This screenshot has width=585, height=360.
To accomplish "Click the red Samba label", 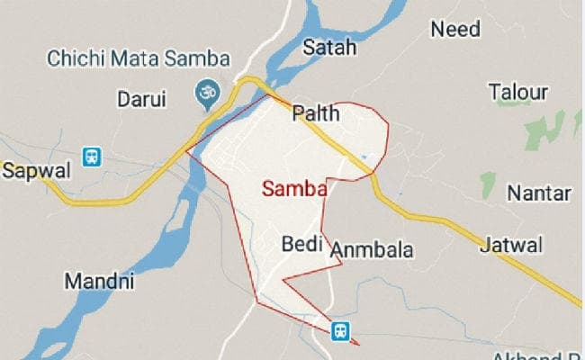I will click(293, 189).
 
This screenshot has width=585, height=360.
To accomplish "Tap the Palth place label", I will click(316, 114).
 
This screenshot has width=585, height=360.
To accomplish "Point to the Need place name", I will click(455, 29).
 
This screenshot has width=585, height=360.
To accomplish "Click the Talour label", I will click(518, 92).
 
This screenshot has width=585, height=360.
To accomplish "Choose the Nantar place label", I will click(538, 193).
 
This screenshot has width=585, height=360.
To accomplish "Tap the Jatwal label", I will click(511, 244).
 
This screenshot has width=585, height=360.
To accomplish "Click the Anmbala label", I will click(372, 250).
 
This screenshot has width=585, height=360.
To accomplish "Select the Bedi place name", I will click(301, 243).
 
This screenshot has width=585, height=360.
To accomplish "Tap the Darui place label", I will click(142, 99).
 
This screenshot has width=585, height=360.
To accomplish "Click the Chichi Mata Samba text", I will click(139, 60).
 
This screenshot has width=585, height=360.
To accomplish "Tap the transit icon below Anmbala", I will click(340, 330).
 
